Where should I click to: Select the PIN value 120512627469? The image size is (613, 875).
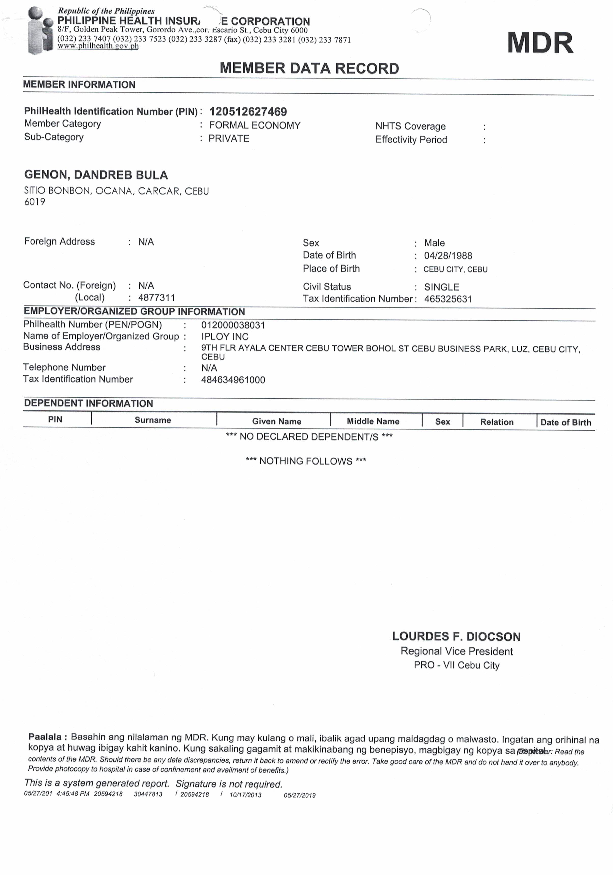pos(248,112)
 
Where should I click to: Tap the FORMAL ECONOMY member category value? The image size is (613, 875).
pos(254,125)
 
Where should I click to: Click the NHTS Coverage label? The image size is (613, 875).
pos(410,126)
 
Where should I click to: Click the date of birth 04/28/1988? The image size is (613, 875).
pos(448,256)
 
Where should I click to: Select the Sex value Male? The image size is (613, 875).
pos(434,243)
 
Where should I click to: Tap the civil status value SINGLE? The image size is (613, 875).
pos(441,287)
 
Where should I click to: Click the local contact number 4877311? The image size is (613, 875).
pos(156,298)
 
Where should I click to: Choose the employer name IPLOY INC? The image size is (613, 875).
pos(225,337)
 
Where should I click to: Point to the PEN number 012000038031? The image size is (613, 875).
pos(233,325)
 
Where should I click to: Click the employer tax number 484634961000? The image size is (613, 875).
pos(233,380)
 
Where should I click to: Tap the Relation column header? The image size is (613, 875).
pos(497,422)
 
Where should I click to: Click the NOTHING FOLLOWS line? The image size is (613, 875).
pos(306,461)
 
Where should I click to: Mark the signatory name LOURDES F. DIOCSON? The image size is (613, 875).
pos(456,636)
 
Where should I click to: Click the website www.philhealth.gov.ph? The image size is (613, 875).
pos(98,46)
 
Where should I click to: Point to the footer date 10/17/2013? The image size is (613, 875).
pos(245,795)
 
